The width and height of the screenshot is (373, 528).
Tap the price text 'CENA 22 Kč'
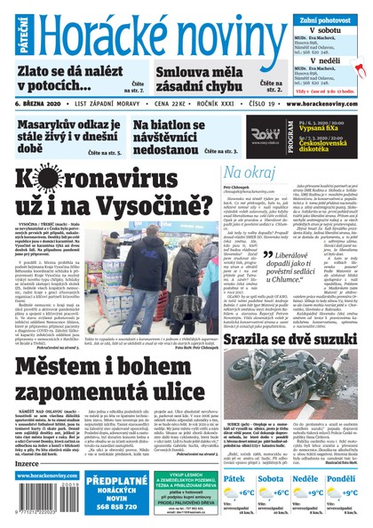point(148,103)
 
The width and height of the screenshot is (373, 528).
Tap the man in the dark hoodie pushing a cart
point(170,259)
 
